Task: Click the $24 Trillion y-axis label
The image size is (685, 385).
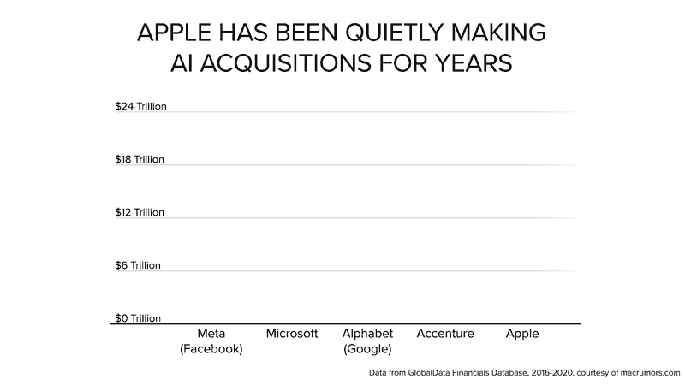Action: click(x=140, y=107)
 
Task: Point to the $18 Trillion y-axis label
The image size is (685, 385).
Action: click(x=140, y=160)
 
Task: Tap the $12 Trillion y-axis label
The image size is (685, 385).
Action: click(x=140, y=213)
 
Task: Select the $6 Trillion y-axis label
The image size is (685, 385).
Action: click(x=138, y=266)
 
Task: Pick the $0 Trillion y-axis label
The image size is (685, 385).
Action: click(x=138, y=319)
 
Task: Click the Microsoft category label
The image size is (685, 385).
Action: click(x=292, y=334)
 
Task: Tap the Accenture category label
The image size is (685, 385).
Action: click(x=445, y=334)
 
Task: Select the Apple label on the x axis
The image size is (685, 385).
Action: click(x=522, y=334)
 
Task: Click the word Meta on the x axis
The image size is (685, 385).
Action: click(x=211, y=334)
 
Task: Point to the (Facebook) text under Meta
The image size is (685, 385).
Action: click(x=211, y=349)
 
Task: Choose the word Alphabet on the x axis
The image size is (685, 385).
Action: click(x=367, y=334)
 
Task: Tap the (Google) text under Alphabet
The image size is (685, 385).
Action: click(x=367, y=349)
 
